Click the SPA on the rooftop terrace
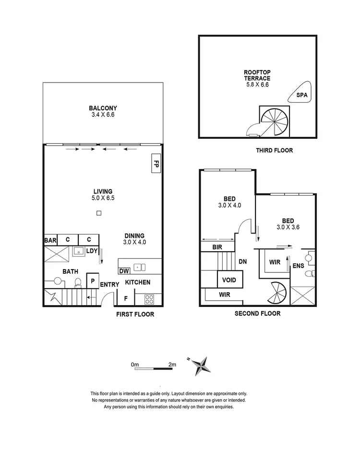click(x=301, y=95)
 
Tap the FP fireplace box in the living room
click(x=156, y=163)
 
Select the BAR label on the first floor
click(x=50, y=240)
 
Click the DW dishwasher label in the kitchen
click(x=124, y=270)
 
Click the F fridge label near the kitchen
click(x=126, y=298)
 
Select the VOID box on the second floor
click(x=229, y=280)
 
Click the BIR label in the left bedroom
click(x=217, y=247)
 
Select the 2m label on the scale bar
click(x=172, y=365)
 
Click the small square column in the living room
click(x=98, y=213)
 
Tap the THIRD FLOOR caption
click(x=274, y=150)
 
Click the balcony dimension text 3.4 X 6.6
click(x=103, y=115)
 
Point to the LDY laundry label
click(x=92, y=251)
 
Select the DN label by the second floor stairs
click(x=242, y=262)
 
